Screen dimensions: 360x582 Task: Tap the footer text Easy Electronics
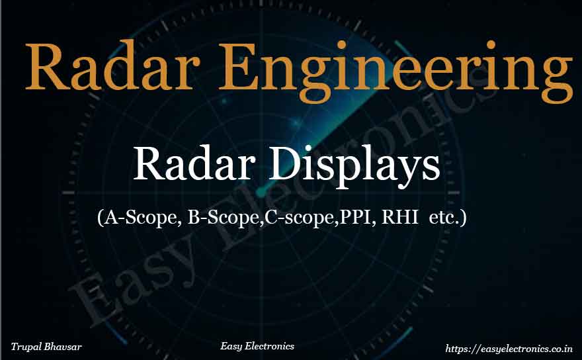257,345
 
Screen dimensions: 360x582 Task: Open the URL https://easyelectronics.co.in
509,347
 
